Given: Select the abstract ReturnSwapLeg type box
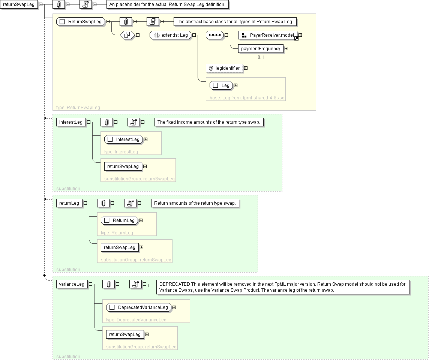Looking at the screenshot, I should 81,22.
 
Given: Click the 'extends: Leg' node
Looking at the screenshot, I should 170,35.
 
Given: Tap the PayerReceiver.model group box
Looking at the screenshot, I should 268,35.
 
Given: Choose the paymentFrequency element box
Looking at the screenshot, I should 261,48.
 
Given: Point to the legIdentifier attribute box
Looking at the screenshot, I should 224,68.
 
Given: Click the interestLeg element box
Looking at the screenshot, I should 70,122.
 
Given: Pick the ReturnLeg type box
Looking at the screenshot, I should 120,220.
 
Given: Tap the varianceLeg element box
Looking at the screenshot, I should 72,284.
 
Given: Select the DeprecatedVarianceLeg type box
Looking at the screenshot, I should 139,307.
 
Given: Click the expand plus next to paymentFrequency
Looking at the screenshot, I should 286,48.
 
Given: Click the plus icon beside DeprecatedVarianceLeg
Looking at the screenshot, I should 174,307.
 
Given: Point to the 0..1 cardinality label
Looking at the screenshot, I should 261,57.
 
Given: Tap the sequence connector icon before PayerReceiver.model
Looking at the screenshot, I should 215,35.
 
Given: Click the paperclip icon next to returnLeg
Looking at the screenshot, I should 103,203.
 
